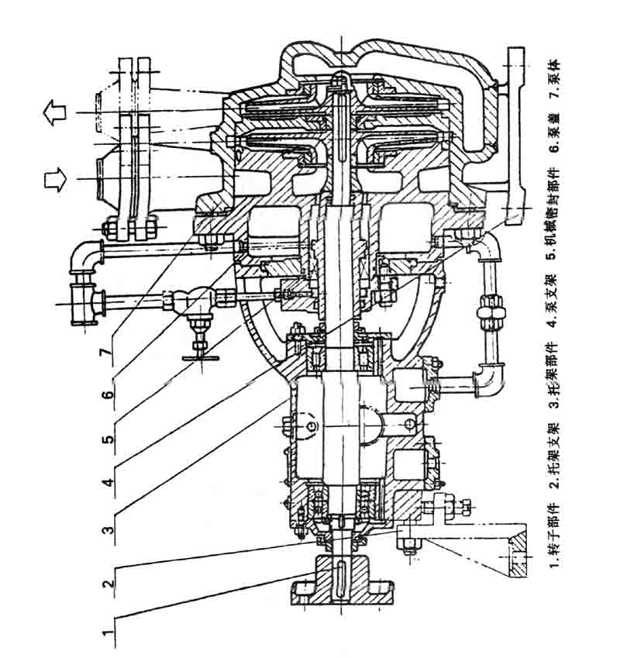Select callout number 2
108,580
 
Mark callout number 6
108,394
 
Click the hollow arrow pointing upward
53,114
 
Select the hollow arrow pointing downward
53,180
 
